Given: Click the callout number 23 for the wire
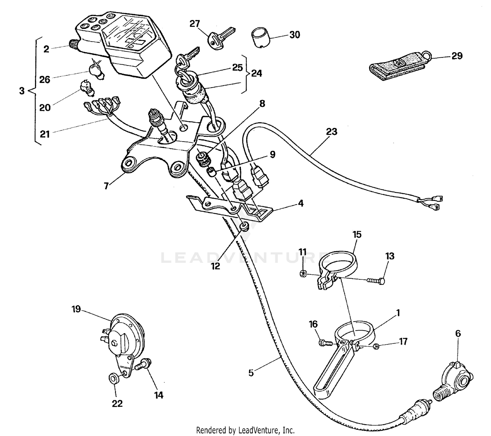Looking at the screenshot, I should click(332, 132).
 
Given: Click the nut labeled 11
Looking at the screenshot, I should click(303, 274).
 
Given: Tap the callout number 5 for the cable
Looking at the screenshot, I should click(251, 373).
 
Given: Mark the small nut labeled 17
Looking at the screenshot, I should click(377, 346).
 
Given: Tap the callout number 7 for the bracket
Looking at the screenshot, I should click(106, 186).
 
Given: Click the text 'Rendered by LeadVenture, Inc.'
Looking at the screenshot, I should click(245, 430).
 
